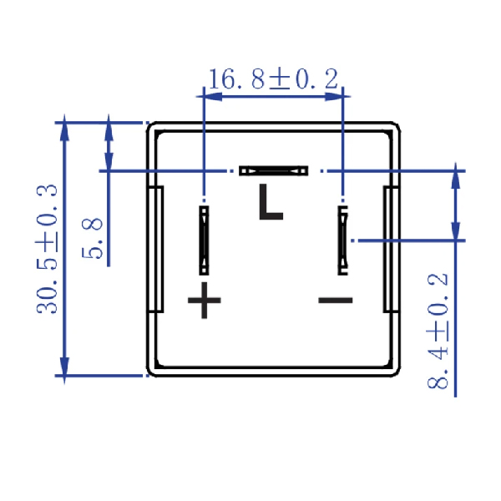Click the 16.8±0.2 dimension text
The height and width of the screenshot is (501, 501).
[x=274, y=78]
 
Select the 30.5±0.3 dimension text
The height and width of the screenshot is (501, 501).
[x=47, y=249]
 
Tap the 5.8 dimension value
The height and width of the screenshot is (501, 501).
[x=92, y=238]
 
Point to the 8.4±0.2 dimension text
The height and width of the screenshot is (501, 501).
[x=438, y=331]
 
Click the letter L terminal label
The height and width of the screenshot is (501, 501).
[x=271, y=202]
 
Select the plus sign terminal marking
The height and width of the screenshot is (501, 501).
[x=205, y=301]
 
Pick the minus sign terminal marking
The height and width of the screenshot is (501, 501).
[x=336, y=301]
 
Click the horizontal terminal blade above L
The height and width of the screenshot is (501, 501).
[x=274, y=171]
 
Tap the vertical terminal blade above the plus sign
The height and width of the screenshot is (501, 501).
[x=204, y=240]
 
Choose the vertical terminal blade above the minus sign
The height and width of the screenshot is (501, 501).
[x=343, y=240]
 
